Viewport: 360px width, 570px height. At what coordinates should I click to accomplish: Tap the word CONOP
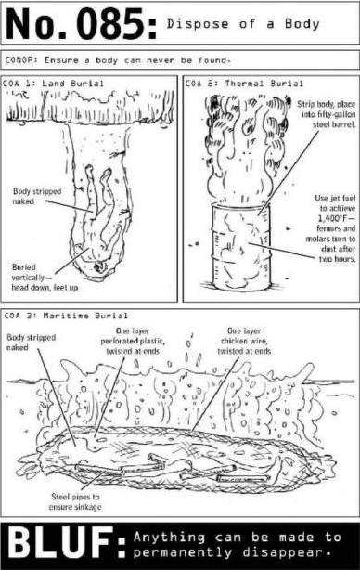coord(20,60)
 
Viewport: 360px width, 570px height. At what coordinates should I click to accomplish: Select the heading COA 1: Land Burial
coord(53,84)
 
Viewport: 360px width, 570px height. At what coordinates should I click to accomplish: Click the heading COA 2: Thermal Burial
coord(244,84)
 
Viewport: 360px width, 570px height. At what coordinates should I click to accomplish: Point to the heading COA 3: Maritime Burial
coord(66,316)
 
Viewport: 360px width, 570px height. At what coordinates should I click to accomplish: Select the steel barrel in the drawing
coord(241,246)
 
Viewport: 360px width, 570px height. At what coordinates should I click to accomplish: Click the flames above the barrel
coord(247,149)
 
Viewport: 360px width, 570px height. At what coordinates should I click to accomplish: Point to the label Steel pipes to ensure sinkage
coord(75,501)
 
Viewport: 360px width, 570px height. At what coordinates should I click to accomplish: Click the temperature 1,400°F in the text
coord(331,218)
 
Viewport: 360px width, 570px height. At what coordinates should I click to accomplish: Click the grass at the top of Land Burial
coord(90,106)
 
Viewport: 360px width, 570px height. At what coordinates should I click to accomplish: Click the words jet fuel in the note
coord(342,199)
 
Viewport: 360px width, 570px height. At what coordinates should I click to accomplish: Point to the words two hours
coord(337,259)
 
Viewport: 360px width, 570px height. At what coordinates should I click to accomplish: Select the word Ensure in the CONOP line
coord(61,60)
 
